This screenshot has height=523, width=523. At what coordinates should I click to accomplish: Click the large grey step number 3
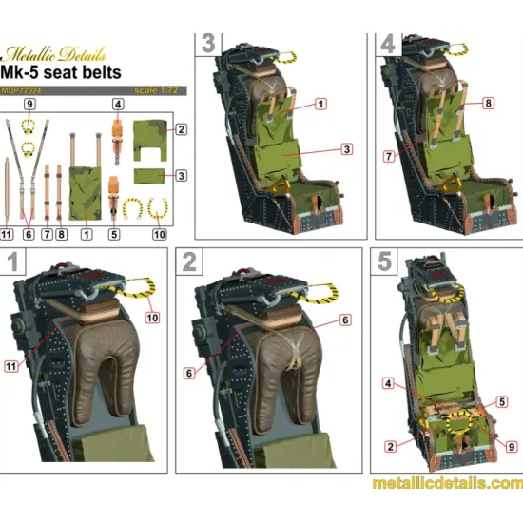point(207,44)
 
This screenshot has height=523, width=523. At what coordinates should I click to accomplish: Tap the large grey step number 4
point(387,44)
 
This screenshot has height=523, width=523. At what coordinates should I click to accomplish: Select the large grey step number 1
point(14,261)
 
